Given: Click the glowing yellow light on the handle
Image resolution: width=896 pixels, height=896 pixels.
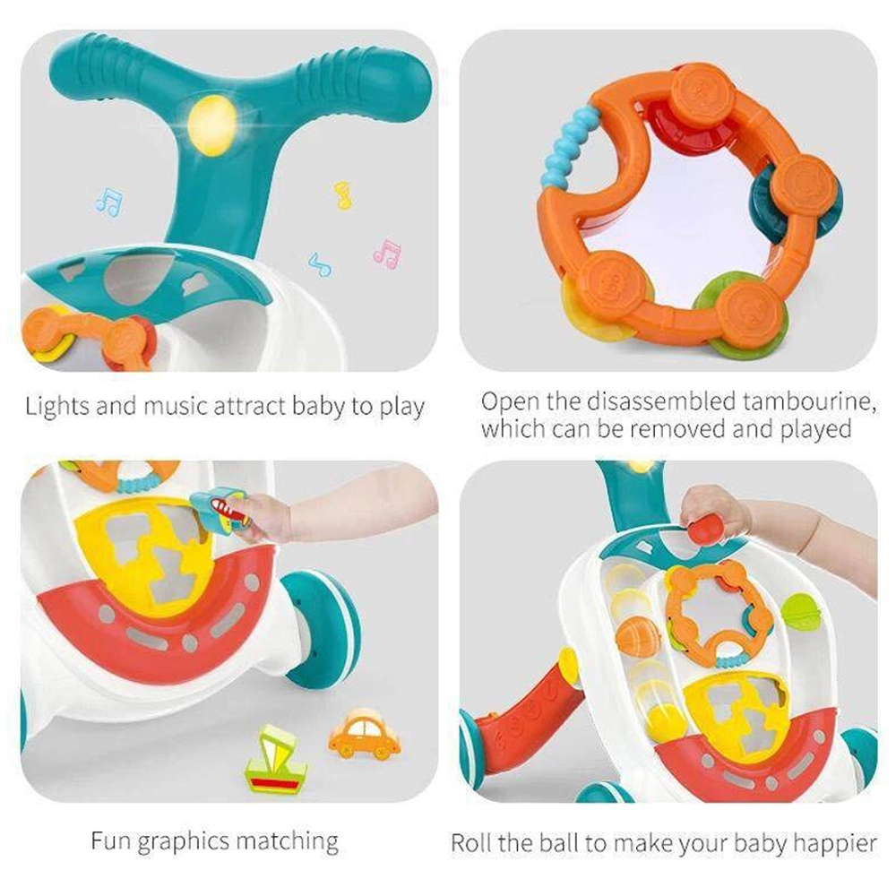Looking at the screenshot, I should (x=213, y=123).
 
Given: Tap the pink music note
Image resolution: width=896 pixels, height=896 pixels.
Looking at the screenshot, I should (x=387, y=254).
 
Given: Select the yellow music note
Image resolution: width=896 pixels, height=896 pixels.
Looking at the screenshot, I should (x=342, y=194).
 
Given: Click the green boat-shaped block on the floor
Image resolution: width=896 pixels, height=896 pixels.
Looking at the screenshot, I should (x=275, y=760).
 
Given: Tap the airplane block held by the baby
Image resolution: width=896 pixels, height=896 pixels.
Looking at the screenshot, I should (x=220, y=508).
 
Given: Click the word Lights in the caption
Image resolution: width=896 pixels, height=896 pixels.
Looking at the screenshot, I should (x=56, y=407).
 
